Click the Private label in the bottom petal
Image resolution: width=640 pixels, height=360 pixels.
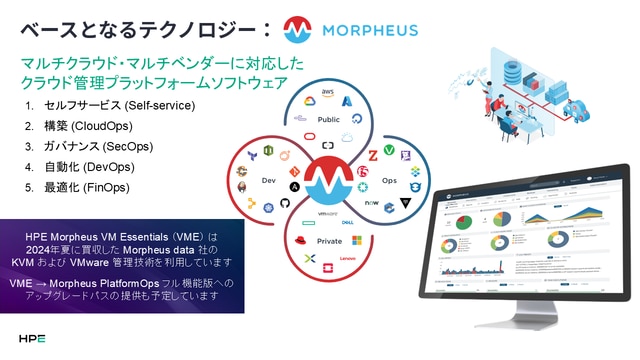pyautogui.click(x=329, y=240)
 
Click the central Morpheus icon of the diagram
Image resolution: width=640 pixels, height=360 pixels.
pyautogui.click(x=328, y=181)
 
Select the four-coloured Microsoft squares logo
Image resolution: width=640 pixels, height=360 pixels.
pyautogui.click(x=357, y=241)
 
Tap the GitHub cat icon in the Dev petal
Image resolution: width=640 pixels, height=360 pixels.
pyautogui.click(x=284, y=203)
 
